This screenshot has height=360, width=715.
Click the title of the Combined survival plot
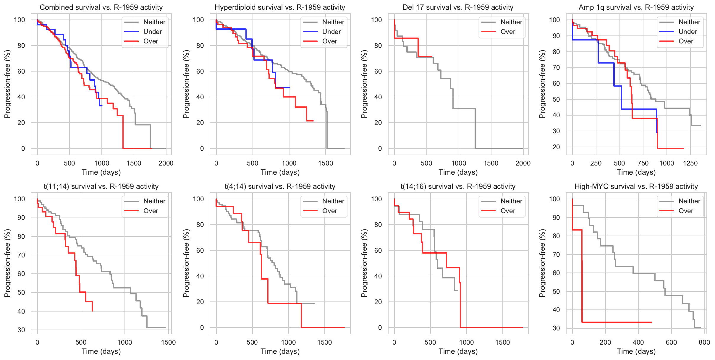[x=101, y=7]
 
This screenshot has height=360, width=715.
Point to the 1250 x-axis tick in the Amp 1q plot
[x=690, y=163]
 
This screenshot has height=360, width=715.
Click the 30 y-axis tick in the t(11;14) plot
[x=21, y=330]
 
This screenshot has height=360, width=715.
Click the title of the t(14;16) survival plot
[x=458, y=187]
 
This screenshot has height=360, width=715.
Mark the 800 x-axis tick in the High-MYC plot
[x=704, y=342]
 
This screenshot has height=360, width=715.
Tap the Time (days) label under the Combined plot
[x=101, y=172]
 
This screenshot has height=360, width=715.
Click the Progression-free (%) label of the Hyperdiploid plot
[x=186, y=84]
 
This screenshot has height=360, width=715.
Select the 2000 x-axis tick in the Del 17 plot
[x=523, y=163]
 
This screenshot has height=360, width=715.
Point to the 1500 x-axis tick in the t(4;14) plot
[x=324, y=342]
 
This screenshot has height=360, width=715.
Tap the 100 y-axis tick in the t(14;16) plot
[x=376, y=199]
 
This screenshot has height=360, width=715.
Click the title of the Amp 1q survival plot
[x=636, y=7]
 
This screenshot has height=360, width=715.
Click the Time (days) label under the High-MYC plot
[x=636, y=351]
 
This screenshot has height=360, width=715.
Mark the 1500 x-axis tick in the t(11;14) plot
[x=168, y=342]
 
